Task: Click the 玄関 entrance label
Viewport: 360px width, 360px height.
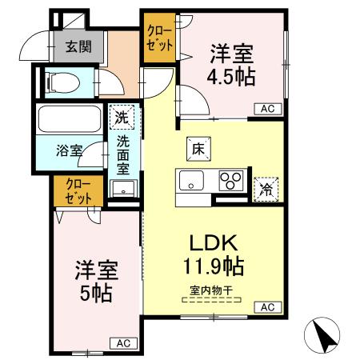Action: [x=78, y=46]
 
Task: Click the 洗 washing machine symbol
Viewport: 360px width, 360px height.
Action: [x=120, y=117]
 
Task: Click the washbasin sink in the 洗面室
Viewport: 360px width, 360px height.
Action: [x=122, y=190]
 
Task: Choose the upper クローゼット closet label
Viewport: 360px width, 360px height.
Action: [x=159, y=38]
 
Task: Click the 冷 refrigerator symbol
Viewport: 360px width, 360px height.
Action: [x=265, y=188]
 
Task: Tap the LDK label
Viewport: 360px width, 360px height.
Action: [x=212, y=241]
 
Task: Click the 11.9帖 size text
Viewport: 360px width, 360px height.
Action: [x=212, y=263]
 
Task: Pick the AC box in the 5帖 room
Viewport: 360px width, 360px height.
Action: [x=122, y=343]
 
